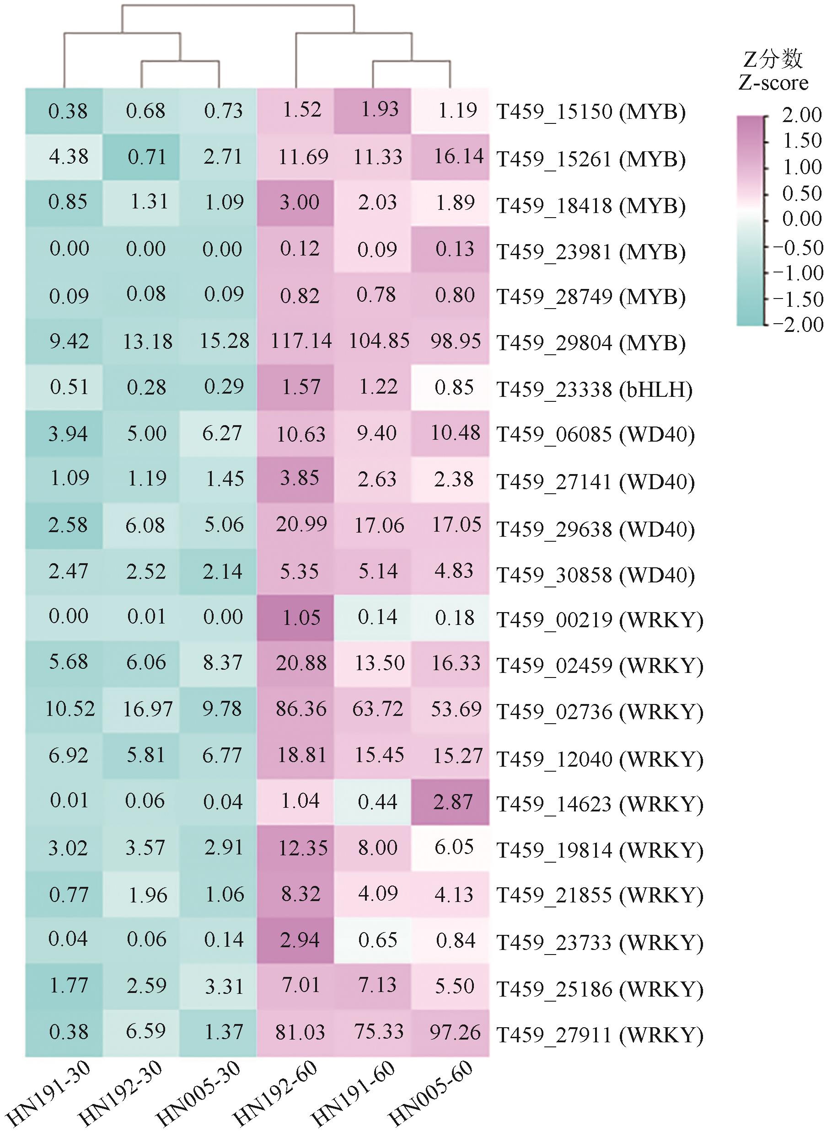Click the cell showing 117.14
click(301, 341)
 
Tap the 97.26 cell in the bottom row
click(455, 1032)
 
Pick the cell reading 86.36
click(301, 709)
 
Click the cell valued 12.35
click(303, 848)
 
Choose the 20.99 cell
click(301, 525)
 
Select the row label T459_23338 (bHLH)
click(594, 389)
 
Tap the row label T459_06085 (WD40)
click(595, 434)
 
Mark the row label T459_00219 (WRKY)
click(600, 619)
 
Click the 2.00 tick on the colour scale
click(801, 116)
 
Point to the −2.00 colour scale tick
click(798, 325)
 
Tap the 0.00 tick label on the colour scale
click(801, 219)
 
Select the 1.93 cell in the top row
click(380, 110)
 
